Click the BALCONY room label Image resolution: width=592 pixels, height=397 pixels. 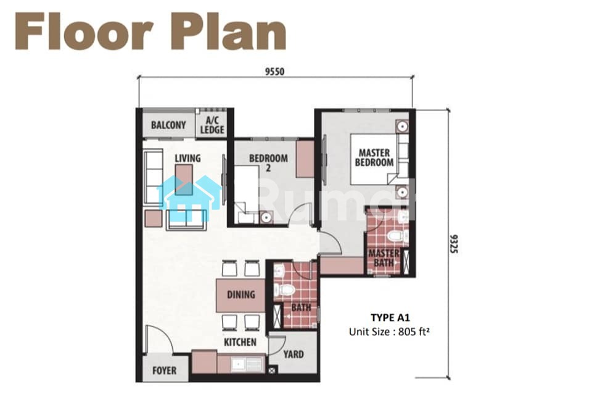(168, 125)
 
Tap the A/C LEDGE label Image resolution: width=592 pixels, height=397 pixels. (212, 125)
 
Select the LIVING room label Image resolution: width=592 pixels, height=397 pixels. (187, 158)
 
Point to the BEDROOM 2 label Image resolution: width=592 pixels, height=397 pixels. (268, 162)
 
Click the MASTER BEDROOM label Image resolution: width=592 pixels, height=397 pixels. (374, 157)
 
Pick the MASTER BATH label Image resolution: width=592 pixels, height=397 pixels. (384, 258)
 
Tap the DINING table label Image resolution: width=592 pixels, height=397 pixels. (241, 295)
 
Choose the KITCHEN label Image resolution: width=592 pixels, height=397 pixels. (240, 342)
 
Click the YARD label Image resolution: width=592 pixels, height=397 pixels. (294, 354)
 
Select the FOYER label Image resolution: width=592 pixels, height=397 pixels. (164, 370)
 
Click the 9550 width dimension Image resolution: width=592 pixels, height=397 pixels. (274, 72)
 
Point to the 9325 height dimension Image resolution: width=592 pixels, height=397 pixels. (454, 244)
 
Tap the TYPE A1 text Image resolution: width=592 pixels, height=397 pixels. (390, 317)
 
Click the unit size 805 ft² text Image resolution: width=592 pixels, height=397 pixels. (389, 332)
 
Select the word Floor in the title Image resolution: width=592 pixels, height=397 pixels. (84, 31)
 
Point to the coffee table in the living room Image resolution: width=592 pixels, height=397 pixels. (184, 180)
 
